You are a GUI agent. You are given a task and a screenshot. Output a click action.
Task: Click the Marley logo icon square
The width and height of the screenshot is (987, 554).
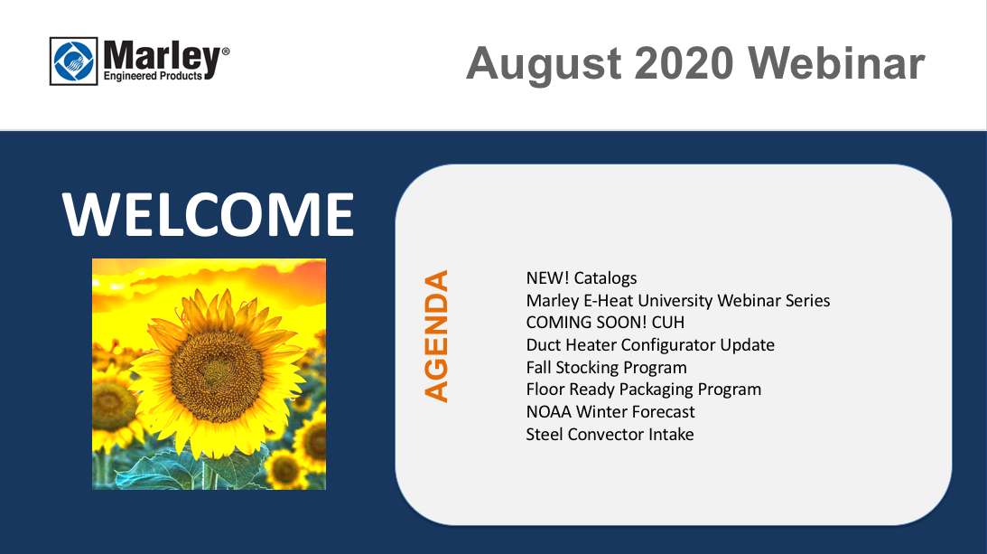[x=74, y=61]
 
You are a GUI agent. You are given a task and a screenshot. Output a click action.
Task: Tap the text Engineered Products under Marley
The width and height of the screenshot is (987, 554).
[x=153, y=76]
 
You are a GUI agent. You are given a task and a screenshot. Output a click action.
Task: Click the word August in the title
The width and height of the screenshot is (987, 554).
[x=545, y=64]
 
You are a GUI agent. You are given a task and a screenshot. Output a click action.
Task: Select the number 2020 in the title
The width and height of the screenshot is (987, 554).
[x=684, y=63]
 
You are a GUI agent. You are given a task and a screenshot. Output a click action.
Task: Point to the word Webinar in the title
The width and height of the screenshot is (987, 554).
[x=836, y=63]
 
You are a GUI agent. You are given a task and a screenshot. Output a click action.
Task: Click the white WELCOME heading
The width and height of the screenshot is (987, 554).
[x=209, y=214]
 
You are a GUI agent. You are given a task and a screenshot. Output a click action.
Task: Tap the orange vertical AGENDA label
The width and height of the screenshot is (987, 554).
[x=435, y=336]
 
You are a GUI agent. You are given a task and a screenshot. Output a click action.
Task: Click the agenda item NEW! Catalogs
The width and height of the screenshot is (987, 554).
[x=582, y=278]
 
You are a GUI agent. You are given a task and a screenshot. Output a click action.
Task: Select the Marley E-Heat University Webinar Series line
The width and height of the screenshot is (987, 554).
[x=678, y=301]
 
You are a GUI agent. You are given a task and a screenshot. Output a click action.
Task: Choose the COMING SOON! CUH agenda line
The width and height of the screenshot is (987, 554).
[x=605, y=322]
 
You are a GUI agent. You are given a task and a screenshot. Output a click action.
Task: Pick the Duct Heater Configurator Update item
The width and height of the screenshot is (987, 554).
[x=650, y=344]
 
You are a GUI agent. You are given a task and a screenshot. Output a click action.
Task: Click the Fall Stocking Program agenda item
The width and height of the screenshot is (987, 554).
[x=606, y=368]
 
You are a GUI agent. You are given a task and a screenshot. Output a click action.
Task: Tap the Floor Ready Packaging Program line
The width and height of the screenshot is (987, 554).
[x=643, y=390]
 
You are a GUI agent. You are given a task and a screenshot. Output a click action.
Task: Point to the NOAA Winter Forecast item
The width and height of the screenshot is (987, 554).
[x=610, y=411]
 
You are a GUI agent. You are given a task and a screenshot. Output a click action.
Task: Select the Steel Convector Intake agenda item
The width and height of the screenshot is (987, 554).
[x=610, y=434]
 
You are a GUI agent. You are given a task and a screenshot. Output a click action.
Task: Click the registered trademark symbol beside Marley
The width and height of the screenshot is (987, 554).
[x=226, y=51]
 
